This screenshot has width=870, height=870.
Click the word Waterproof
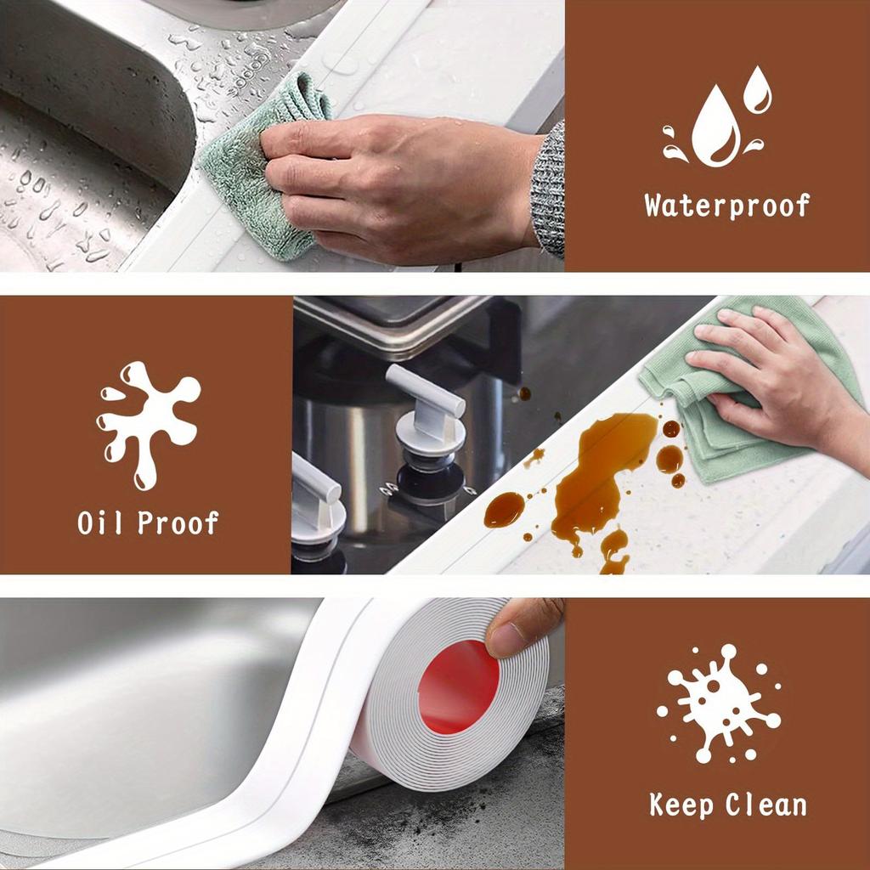coord(726,206)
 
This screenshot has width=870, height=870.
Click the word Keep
coord(682,804)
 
